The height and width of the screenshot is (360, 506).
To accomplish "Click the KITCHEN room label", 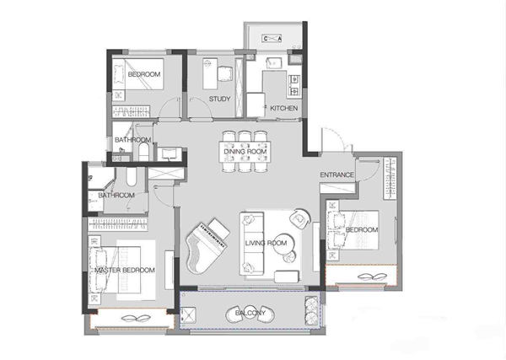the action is coord(283,108).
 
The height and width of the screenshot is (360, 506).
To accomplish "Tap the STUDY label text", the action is coord(219,99).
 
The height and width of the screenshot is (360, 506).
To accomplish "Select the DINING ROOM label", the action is coord(245,151).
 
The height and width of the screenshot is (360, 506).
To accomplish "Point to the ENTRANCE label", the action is coord(336,175).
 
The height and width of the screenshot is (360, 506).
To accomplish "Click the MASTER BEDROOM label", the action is coord(125,270).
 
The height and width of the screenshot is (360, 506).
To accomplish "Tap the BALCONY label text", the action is coord(250,313).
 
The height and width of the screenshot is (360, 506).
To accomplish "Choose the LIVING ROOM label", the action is coord(266,243).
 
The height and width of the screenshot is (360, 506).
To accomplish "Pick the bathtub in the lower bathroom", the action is coord(131,176).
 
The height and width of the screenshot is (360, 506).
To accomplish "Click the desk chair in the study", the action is coord(225,73).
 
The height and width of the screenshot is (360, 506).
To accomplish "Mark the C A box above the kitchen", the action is coord(272,39).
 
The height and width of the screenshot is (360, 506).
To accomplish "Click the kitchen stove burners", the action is coord(294,85).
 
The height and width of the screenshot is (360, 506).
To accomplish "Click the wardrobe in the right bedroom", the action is coord(390,178).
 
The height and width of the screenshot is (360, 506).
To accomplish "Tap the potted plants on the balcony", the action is coord(311,310).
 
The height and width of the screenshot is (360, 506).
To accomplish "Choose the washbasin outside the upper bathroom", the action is coord(170,154).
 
